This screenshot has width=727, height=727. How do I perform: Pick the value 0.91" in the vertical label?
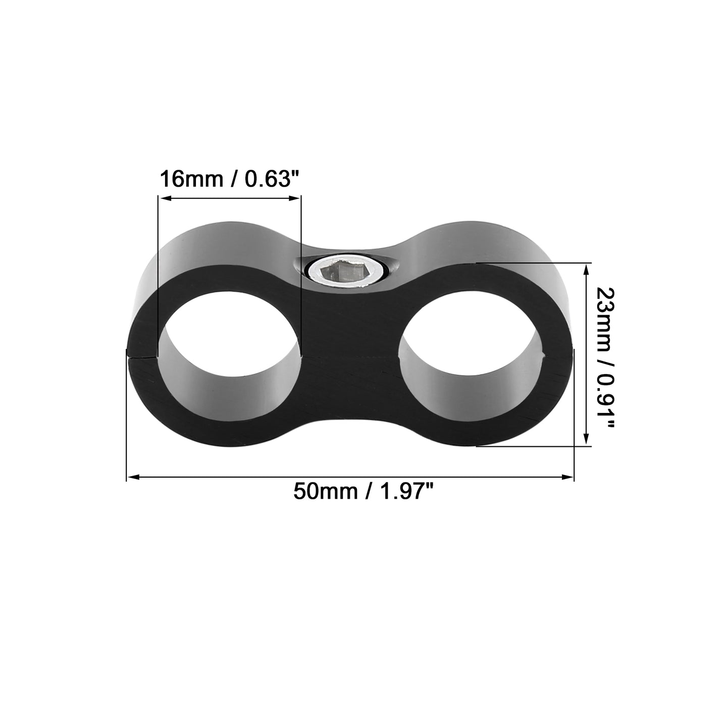coord(605,401)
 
